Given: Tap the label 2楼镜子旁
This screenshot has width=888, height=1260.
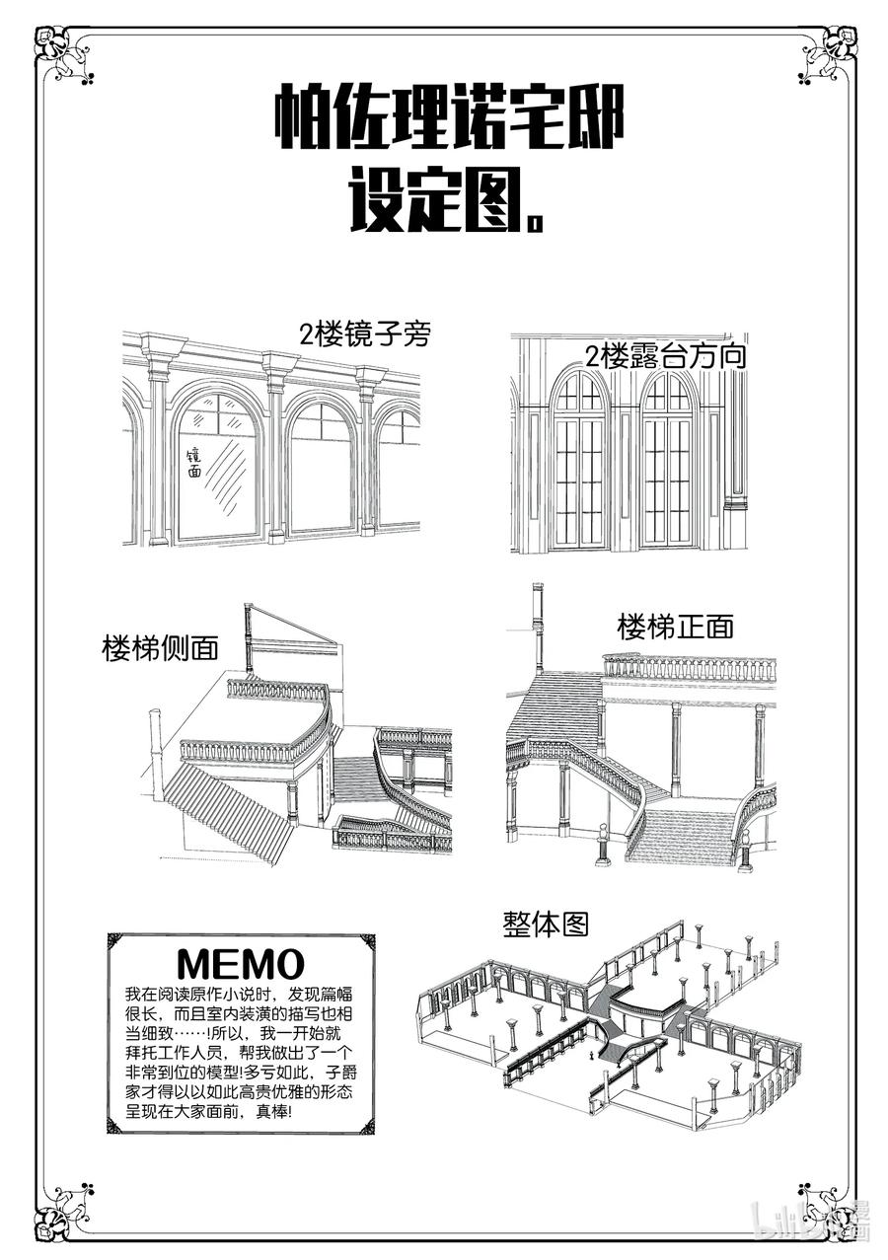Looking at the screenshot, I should (365, 335).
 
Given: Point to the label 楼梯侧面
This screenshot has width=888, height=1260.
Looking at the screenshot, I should (160, 649).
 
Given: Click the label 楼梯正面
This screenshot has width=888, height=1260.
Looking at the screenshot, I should (676, 627).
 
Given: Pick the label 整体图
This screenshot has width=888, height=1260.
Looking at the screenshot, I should (546, 925).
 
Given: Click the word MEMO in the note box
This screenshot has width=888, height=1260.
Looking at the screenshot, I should (240, 962).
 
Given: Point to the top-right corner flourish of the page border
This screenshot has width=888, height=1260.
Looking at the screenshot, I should (827, 57).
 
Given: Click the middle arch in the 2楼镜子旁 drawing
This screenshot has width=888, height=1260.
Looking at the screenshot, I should (322, 464).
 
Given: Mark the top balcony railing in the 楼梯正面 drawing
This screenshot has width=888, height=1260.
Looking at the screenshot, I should (689, 668).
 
